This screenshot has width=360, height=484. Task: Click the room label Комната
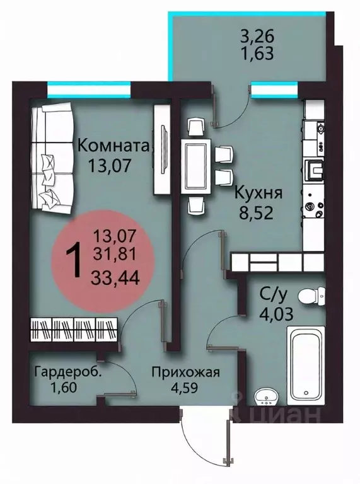pyautogui.click(x=113, y=146)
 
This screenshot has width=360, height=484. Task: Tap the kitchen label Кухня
pyautogui.click(x=258, y=192)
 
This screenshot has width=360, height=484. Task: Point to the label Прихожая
pyautogui.click(x=185, y=372)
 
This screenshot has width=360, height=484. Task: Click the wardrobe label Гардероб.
pyautogui.click(x=68, y=372)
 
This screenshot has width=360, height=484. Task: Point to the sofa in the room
pyautogui.click(x=47, y=158)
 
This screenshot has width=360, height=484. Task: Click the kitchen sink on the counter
pyautogui.click(x=314, y=167)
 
